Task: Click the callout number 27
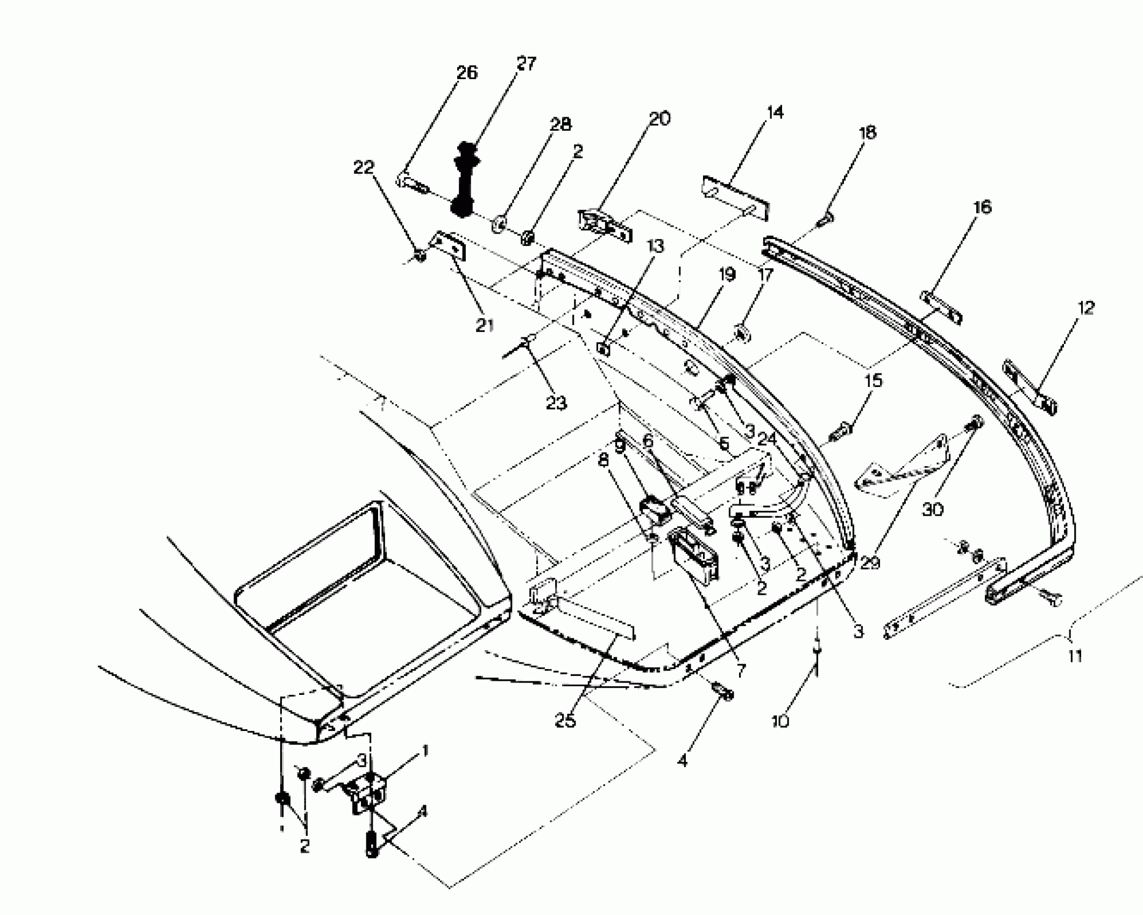tap(526, 64)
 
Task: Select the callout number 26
tap(466, 73)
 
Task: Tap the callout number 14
tap(775, 112)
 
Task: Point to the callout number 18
tap(868, 132)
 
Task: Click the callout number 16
tap(983, 207)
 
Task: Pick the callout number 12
tap(1086, 308)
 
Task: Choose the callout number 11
tap(1075, 656)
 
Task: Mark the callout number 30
tap(933, 509)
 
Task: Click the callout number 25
tap(565, 721)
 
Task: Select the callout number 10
tap(780, 721)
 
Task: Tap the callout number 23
tap(556, 403)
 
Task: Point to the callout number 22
tap(363, 167)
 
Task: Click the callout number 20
tap(660, 118)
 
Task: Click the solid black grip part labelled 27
tap(462, 180)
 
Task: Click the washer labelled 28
tap(499, 223)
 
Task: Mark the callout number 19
tap(727, 274)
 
